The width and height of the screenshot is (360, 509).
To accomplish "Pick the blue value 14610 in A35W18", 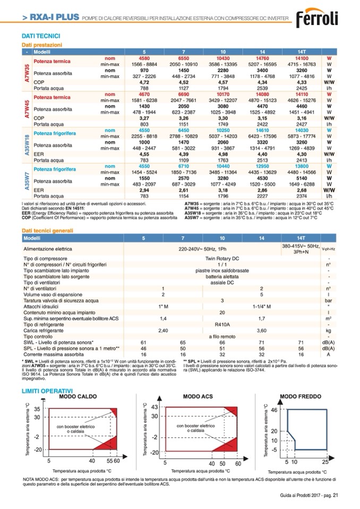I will [x=263, y=130].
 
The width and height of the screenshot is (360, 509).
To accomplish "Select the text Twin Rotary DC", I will [x=222, y=258].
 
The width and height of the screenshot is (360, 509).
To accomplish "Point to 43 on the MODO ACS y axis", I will [x=155, y=407].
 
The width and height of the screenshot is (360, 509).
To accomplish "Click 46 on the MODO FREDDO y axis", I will [x=274, y=410].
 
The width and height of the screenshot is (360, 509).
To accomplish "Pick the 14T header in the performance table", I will [x=301, y=52].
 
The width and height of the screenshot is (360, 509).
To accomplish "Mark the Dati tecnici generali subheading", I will [x=47, y=231].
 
